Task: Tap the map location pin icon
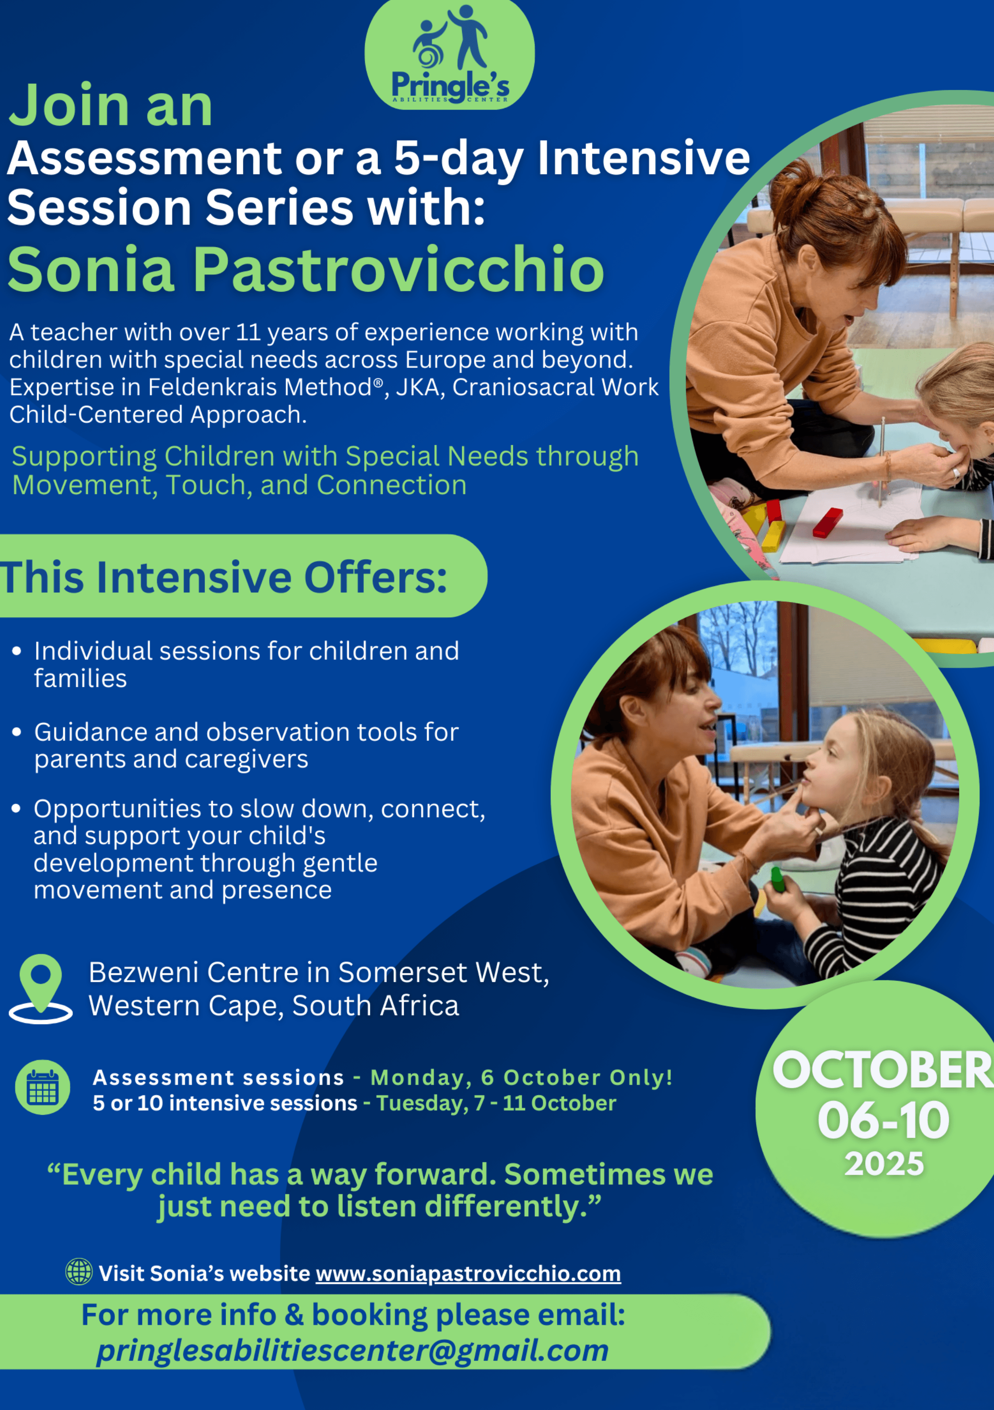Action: tap(41, 988)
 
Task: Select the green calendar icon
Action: tap(42, 1087)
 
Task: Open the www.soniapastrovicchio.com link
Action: tap(468, 1273)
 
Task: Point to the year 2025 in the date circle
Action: tap(884, 1164)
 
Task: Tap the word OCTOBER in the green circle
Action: tap(883, 1070)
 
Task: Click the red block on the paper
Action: tap(828, 523)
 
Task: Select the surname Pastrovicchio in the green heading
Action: tap(399, 269)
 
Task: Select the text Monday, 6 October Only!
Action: tap(521, 1077)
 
